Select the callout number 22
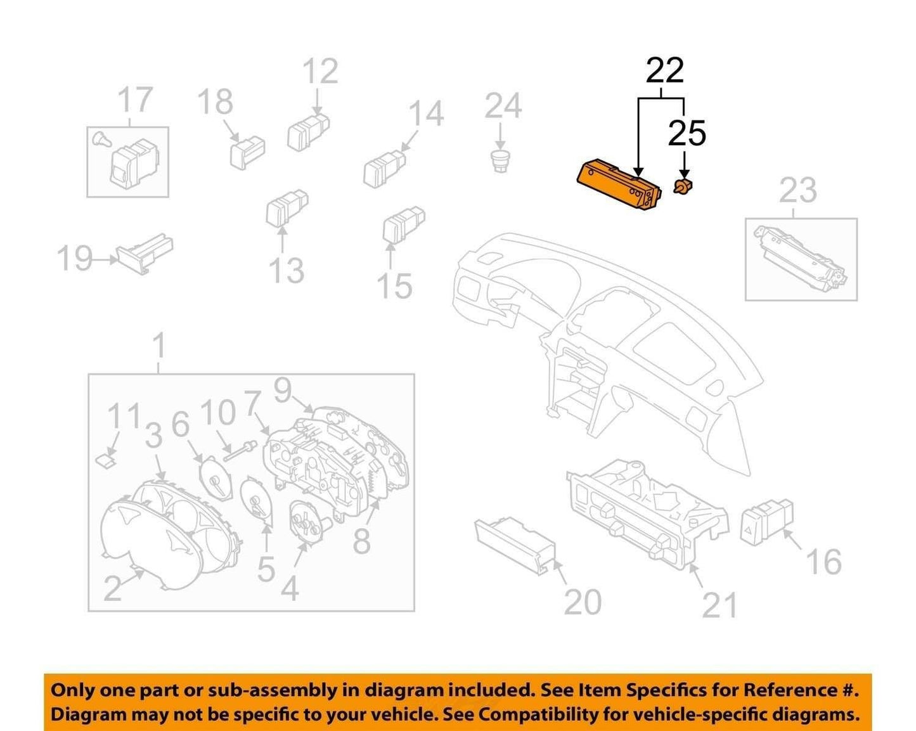664,71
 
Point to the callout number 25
687,133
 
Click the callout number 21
719,605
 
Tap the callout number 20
583,602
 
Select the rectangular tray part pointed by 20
515,546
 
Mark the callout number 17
135,99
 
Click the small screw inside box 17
101,139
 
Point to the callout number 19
75,258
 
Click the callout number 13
287,270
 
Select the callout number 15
394,285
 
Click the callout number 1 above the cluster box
158,346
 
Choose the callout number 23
797,190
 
